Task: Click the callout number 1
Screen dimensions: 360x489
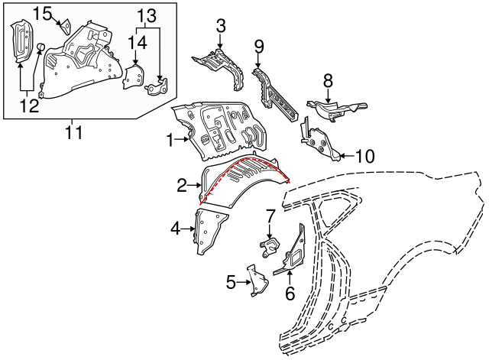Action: (170, 139)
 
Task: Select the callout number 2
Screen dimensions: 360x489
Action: (182, 184)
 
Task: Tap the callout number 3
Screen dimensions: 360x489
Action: (221, 27)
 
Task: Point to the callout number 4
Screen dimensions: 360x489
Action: (175, 227)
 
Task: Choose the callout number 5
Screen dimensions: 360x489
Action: (232, 282)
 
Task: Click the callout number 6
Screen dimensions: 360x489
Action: (290, 292)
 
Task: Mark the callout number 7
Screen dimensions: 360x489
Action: (270, 216)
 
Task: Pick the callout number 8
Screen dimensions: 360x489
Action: (328, 79)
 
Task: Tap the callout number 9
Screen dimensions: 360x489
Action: (259, 46)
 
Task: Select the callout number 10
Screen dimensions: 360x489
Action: (365, 157)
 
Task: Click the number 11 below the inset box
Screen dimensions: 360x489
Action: (72, 135)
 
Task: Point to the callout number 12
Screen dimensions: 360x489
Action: (29, 106)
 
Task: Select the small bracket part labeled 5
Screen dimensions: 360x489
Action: (254, 279)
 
